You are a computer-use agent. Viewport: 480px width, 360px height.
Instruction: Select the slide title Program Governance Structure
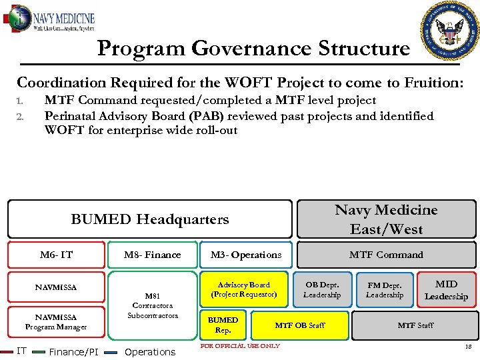click(253, 49)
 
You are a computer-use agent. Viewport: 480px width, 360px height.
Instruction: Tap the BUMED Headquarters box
click(150, 219)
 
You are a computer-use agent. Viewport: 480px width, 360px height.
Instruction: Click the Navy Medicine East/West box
click(386, 219)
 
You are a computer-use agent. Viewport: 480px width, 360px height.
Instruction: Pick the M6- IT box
click(56, 255)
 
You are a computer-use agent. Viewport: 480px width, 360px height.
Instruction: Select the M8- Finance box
click(152, 255)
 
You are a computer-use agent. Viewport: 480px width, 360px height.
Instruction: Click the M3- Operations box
click(246, 255)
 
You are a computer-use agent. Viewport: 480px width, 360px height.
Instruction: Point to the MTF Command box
click(386, 255)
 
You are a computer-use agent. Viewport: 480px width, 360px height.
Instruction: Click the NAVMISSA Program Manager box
click(56, 322)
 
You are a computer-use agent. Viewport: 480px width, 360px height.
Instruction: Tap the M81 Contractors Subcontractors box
click(153, 305)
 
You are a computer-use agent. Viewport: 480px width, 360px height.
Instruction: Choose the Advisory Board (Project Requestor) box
click(244, 289)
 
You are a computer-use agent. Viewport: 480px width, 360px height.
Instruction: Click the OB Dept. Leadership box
click(322, 290)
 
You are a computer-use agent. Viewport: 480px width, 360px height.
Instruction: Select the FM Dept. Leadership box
click(385, 290)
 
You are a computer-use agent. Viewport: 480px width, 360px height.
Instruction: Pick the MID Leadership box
click(446, 290)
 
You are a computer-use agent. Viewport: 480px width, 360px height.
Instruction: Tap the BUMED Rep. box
click(223, 325)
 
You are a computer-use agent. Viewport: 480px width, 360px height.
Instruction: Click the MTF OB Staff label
click(300, 325)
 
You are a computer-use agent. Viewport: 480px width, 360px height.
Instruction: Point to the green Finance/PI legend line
click(40, 352)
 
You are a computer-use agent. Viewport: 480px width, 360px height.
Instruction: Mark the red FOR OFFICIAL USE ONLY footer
click(240, 345)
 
